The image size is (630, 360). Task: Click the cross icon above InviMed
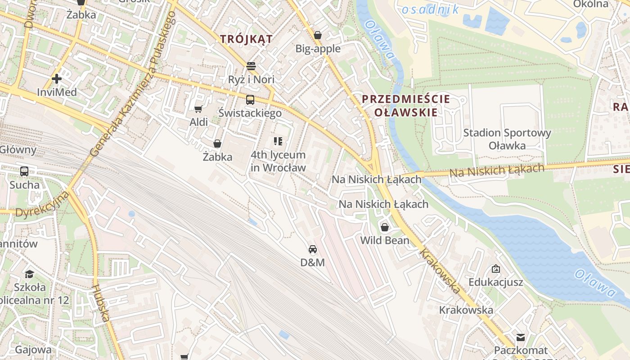point(56,79)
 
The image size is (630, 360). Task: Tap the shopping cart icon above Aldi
point(198,109)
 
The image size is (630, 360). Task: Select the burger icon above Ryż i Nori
point(251,66)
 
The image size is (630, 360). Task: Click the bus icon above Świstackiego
point(250,100)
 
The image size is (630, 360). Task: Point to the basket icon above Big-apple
point(318,35)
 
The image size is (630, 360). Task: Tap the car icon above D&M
point(312,249)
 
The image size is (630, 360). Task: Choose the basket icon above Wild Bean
point(385,227)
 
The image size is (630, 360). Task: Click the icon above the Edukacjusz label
point(495,269)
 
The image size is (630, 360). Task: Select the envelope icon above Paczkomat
point(521,337)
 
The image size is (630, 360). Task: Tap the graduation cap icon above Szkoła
point(29,274)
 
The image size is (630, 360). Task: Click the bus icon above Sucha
point(24,171)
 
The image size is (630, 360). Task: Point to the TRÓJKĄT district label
point(246,39)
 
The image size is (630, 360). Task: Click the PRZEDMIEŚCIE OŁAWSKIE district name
point(406,106)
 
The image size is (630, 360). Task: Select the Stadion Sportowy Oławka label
point(507,139)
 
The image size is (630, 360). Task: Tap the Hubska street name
point(101,303)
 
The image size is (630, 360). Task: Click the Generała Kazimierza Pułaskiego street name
point(133,84)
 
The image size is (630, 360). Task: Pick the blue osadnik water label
point(430,9)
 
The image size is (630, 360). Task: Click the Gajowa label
point(33,350)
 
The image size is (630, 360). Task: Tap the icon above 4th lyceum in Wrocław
point(278,142)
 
